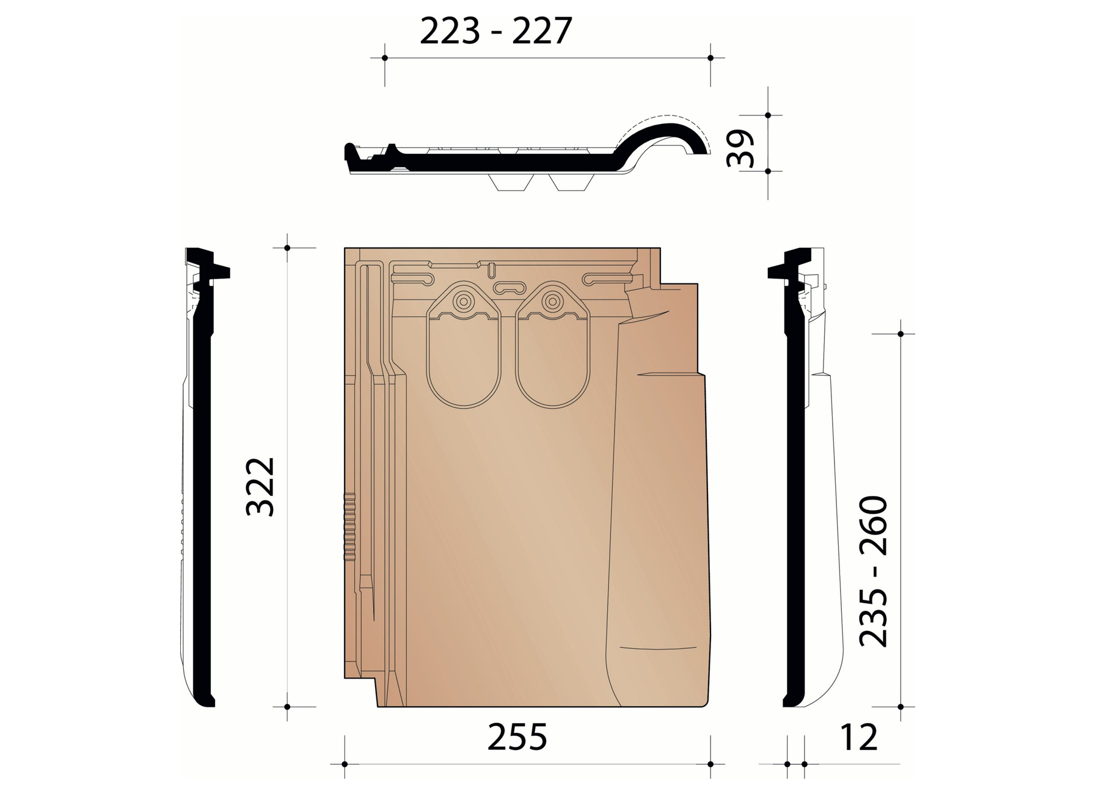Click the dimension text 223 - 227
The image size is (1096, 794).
point(495,32)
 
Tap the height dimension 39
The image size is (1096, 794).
point(741,148)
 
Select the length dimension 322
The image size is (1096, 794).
point(260,486)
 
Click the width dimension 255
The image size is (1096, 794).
point(517,737)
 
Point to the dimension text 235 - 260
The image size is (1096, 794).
point(873,572)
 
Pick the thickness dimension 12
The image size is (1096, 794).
point(858,737)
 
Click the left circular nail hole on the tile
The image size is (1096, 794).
point(464,301)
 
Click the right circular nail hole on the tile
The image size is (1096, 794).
point(553,301)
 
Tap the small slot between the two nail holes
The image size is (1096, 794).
point(509,287)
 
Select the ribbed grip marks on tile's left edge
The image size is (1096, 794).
point(349,526)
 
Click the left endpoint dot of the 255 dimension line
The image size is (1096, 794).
point(345,764)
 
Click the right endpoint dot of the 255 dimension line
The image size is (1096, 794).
point(710,764)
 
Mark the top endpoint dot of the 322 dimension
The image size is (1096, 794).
point(287,248)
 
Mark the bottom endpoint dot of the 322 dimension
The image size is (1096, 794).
point(287,707)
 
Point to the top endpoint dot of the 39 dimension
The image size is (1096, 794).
point(768,115)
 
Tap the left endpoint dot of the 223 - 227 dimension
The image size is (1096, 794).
point(384,58)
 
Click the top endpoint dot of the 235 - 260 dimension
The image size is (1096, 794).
point(901,334)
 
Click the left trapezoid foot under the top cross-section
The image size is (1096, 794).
point(513,183)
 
